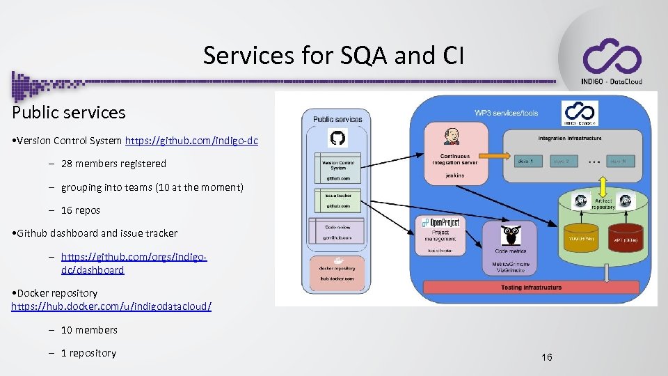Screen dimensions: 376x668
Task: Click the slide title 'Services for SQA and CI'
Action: (333, 55)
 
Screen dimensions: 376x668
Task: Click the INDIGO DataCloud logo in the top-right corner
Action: (611, 61)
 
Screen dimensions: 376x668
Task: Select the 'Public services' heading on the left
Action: (68, 112)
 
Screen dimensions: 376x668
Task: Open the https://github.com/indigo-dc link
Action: (191, 141)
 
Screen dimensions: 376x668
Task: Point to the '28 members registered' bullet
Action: (113, 164)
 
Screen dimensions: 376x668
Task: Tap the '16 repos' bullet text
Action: (80, 210)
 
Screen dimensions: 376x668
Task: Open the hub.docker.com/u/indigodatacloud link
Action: (111, 306)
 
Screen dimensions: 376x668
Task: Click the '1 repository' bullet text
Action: (88, 353)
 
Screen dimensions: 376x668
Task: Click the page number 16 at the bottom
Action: (547, 357)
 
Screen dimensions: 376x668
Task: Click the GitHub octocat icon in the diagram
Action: (337, 139)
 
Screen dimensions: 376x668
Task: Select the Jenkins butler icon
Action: (453, 136)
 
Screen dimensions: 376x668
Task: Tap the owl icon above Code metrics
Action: (511, 233)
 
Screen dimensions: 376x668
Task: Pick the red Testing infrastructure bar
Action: (532, 288)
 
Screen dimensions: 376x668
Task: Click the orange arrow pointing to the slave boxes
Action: (490, 160)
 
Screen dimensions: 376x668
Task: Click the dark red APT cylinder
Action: (626, 238)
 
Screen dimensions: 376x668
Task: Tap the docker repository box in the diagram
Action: (337, 272)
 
